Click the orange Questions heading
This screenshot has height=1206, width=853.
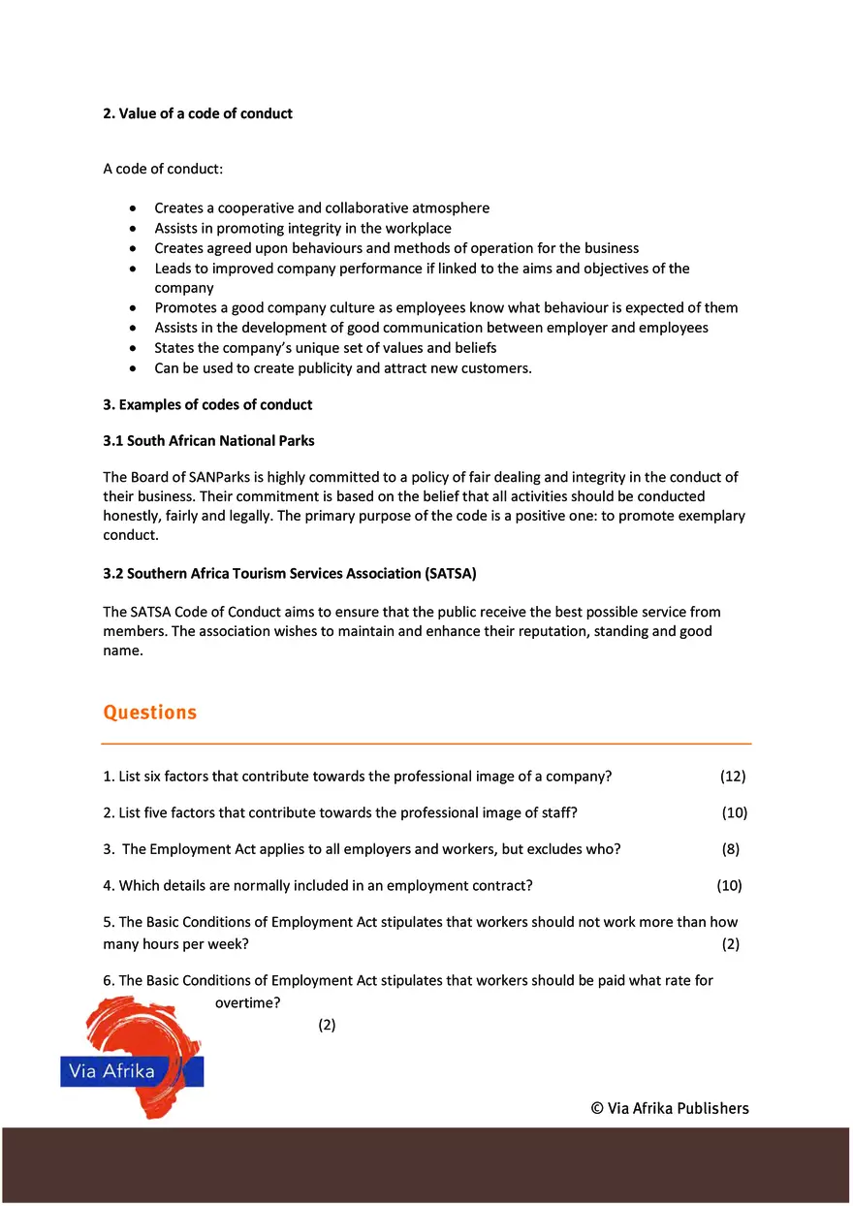click(149, 713)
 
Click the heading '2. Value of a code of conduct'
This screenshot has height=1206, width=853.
click(198, 113)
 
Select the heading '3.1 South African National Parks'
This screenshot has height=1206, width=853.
click(208, 440)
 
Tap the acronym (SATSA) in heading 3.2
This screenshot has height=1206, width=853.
click(450, 573)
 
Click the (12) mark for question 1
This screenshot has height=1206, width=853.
click(733, 777)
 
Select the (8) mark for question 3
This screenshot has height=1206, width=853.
click(731, 849)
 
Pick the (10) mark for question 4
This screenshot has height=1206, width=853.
click(729, 885)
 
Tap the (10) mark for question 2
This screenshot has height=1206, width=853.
click(734, 812)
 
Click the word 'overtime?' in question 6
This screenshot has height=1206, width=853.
click(248, 1003)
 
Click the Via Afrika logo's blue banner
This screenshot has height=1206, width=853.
click(131, 1071)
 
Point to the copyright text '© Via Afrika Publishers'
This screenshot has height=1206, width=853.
click(670, 1109)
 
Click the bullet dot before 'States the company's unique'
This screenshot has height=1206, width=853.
click(133, 348)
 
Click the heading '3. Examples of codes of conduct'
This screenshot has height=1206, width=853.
click(207, 404)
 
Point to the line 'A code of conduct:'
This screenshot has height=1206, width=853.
click(163, 169)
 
